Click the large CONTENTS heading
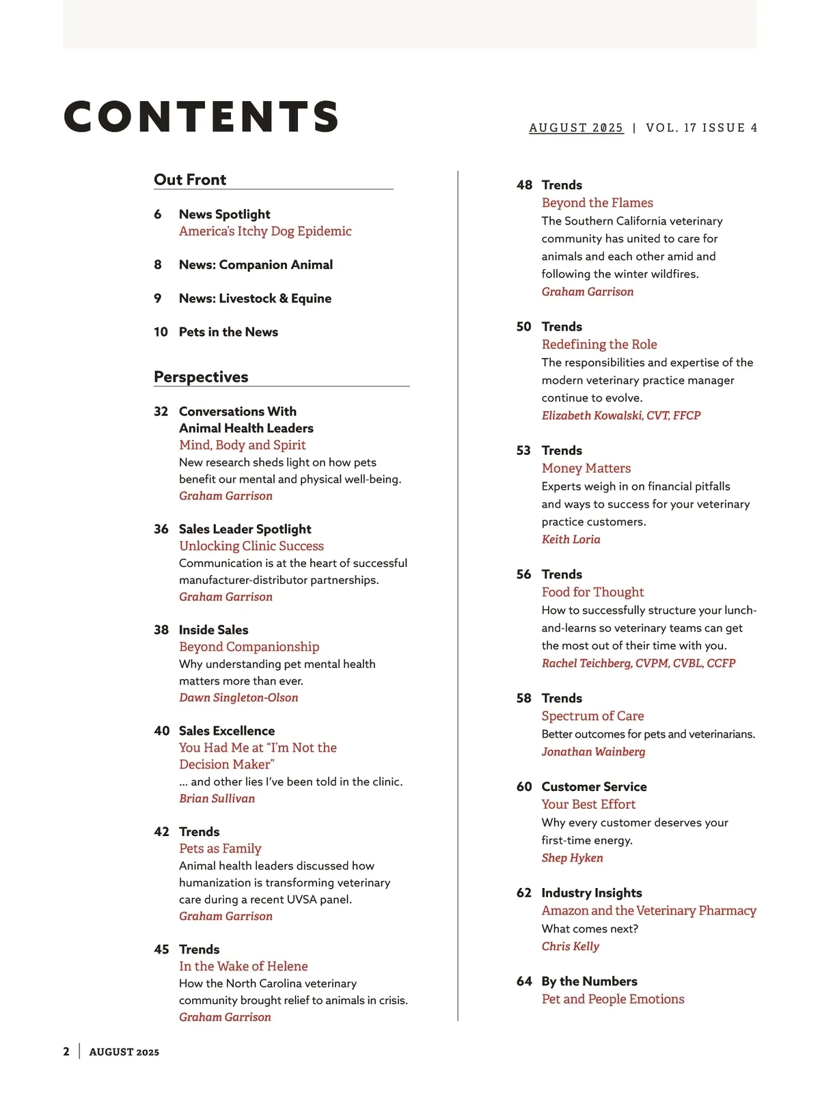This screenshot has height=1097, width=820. click(202, 116)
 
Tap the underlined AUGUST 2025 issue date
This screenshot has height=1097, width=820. click(576, 128)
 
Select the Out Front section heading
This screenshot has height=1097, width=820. click(190, 180)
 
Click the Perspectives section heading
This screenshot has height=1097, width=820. click(201, 377)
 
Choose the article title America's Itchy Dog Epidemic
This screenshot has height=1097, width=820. click(265, 232)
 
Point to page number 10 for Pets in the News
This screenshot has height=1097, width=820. click(161, 332)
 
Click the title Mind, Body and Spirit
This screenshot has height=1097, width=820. click(242, 445)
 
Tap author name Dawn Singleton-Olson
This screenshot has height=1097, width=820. click(238, 697)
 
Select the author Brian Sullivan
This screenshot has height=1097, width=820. click(217, 799)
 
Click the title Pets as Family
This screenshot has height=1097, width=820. click(220, 848)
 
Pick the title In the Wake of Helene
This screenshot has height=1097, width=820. click(243, 967)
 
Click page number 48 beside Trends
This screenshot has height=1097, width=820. click(524, 185)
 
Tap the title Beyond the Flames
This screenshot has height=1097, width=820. click(597, 203)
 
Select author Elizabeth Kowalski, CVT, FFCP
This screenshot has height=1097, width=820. click(621, 415)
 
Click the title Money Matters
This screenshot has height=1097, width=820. click(586, 469)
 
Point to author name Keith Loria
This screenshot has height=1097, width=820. click(571, 540)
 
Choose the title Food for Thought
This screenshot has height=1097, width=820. click(592, 592)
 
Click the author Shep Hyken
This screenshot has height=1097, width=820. click(572, 858)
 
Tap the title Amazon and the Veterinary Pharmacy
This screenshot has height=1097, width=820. click(648, 911)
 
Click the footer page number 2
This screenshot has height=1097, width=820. click(66, 1052)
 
